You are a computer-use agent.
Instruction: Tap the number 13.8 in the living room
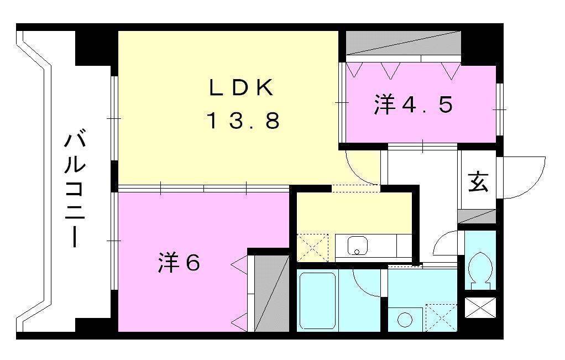pos(243,120)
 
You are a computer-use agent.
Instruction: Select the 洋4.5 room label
pos(414,105)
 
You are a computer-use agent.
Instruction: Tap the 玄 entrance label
pos(478,182)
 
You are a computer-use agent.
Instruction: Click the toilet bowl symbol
pos(479,268)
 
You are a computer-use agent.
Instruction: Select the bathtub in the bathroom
pos(317,300)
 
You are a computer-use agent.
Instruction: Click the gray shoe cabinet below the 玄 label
pos(477,216)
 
